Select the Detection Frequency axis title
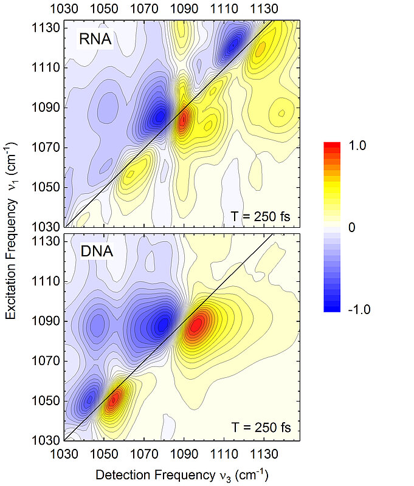(183, 474)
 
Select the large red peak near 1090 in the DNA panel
(195, 326)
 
